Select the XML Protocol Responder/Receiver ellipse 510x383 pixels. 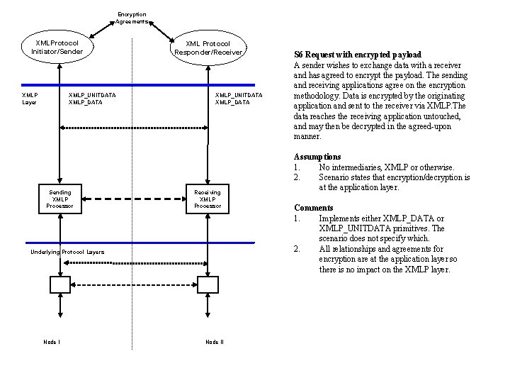point(208,48)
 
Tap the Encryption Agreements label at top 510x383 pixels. point(132,18)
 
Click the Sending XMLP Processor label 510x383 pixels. point(59,199)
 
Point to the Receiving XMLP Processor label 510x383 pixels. point(208,199)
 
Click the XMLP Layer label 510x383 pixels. point(30,98)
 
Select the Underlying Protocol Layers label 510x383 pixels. point(67,252)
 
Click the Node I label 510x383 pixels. point(51,342)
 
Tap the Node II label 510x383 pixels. point(214,342)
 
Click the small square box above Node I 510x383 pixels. point(59,284)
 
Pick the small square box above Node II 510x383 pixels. point(208,284)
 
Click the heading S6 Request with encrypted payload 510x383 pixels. point(358,55)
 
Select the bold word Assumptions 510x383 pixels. point(317,157)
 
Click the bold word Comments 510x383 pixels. point(314,208)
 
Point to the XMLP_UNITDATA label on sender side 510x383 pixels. point(92,94)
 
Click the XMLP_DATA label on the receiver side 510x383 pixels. point(232,102)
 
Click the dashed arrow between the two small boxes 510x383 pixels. point(134,284)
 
